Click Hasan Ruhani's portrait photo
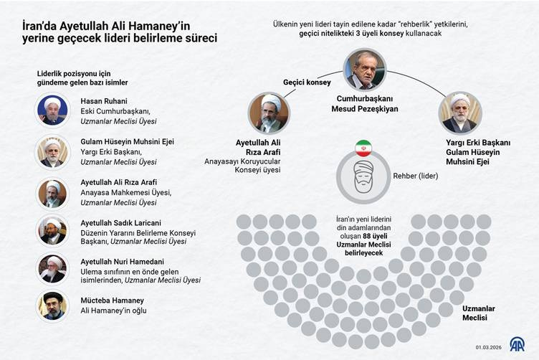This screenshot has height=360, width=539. coord(52,110)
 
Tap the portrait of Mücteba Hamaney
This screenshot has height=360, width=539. coord(52,305)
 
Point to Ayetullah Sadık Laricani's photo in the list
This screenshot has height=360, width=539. coord(52,229)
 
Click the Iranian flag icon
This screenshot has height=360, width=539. coord(363,148)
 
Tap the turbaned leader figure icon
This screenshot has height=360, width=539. coord(363,178)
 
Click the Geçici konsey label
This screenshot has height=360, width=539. coord(307,82)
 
